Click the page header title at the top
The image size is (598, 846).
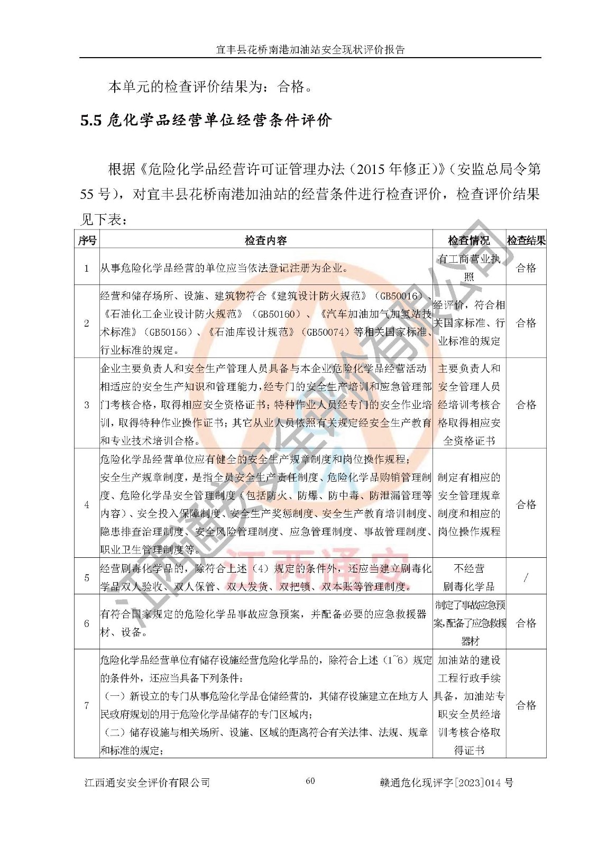pyautogui.click(x=310, y=50)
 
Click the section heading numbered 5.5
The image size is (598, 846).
pyautogui.click(x=206, y=121)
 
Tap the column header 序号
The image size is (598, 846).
pyautogui.click(x=87, y=241)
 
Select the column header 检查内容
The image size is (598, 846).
pyautogui.click(x=265, y=241)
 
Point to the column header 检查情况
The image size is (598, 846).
pyautogui.click(x=469, y=241)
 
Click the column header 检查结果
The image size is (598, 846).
pyautogui.click(x=526, y=241)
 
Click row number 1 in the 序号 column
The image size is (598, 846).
pyautogui.click(x=87, y=268)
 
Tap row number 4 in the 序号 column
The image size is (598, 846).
pyautogui.click(x=87, y=504)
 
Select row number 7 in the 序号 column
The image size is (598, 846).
pyautogui.click(x=87, y=705)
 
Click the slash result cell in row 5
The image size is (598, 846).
pyautogui.click(x=526, y=578)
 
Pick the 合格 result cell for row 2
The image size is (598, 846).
pyautogui.click(x=526, y=323)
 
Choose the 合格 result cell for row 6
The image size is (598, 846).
pyautogui.click(x=526, y=623)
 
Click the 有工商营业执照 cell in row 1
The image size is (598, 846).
pyautogui.click(x=469, y=268)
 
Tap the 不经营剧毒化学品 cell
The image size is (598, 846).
pyautogui.click(x=469, y=577)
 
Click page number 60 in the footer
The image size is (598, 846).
pyautogui.click(x=310, y=781)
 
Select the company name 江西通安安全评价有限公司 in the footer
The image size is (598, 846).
pyautogui.click(x=148, y=783)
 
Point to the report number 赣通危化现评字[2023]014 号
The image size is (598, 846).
pyautogui.click(x=446, y=783)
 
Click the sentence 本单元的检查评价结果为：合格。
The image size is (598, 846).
pyautogui.click(x=210, y=86)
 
